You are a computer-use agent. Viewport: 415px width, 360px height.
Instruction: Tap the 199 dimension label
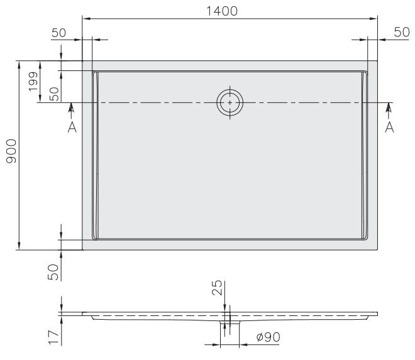point(33,80)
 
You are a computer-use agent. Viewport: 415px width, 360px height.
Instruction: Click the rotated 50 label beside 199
point(54,94)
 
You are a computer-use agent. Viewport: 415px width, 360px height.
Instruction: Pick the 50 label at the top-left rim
point(59,33)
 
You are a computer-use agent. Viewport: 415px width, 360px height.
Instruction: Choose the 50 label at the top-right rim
point(401,33)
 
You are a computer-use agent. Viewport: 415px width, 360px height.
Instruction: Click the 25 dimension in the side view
point(218,288)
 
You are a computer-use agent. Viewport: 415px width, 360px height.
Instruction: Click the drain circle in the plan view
point(230,102)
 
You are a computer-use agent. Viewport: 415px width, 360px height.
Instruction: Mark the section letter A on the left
point(72,128)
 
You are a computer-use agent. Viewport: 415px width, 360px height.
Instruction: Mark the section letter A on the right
point(389,128)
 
